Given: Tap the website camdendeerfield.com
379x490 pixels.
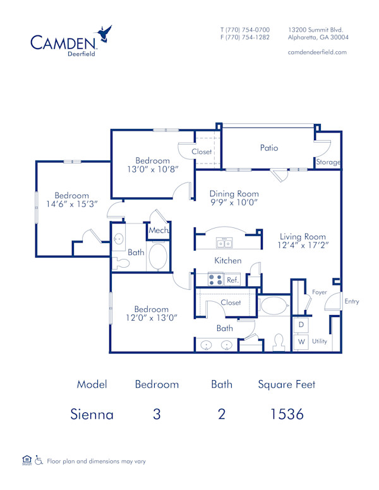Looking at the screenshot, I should coord(317,52).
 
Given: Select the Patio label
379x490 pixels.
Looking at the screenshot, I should coord(269,148).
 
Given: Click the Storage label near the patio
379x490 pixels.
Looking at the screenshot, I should coord(328,162).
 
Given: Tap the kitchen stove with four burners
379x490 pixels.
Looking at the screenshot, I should coord(215,279).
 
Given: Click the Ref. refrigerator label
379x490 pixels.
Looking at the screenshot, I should coord(232,280).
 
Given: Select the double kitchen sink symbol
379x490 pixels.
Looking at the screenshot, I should coord(224,243).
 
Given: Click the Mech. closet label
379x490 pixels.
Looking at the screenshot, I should coord(157,231).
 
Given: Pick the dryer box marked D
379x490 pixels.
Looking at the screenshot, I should coord(301,324).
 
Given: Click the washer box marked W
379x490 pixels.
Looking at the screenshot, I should coord(301,342).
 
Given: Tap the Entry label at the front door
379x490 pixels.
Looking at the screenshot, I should coord(351,301).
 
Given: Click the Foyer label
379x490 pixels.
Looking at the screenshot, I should coord(319,292).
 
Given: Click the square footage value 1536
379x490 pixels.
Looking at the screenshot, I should coord(287,414).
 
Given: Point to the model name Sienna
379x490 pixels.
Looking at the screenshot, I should coord(92,414).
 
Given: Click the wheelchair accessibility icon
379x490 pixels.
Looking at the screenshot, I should coord(39,460).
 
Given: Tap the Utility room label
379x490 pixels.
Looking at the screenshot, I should coord(320,341).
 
